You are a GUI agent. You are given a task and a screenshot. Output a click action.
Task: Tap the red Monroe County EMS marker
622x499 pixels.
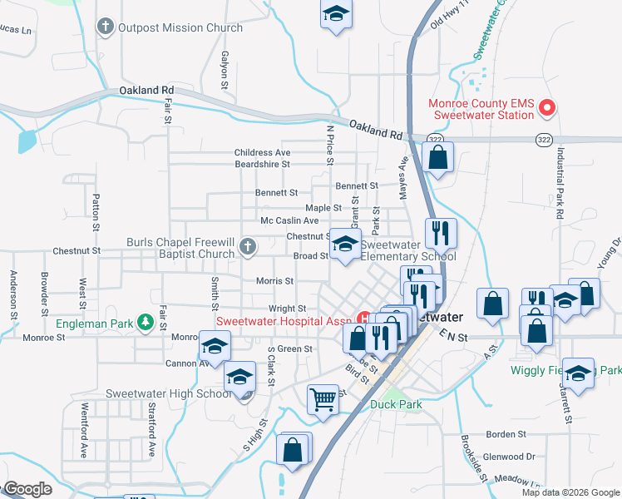(547, 107)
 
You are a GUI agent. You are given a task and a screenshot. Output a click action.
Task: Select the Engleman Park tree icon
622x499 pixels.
(145, 322)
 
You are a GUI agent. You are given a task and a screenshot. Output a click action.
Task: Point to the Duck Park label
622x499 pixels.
(396, 405)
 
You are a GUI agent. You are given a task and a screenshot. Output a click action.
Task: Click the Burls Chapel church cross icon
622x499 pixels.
(247, 246)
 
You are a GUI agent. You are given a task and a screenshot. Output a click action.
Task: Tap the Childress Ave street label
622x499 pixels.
(262, 153)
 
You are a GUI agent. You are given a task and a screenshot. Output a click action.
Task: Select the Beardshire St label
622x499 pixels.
(261, 165)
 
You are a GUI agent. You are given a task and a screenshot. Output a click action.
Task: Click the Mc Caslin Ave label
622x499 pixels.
(289, 220)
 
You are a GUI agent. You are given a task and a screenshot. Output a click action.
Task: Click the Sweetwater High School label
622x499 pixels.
(169, 393)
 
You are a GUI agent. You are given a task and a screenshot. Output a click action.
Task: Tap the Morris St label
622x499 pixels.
(274, 281)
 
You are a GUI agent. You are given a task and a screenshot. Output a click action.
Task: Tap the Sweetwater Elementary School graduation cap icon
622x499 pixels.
(346, 244)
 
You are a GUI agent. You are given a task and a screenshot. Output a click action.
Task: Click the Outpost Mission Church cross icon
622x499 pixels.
(105, 27)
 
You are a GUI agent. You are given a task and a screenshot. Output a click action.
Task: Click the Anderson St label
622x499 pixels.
(14, 295)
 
